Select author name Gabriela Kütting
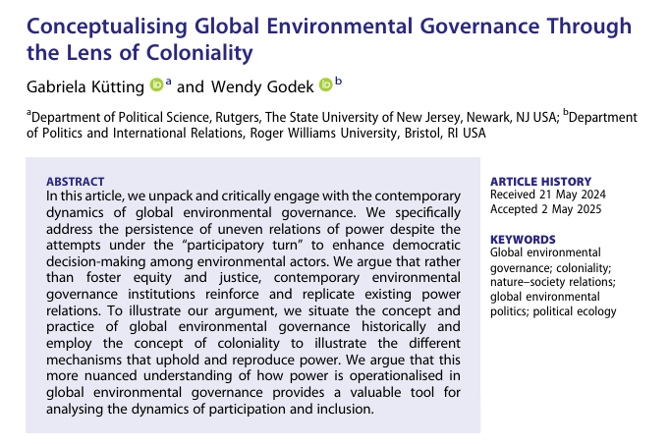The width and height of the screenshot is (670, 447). tap(84, 86)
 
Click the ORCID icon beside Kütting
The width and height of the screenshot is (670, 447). tap(155, 86)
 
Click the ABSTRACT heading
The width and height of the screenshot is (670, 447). tap(75, 181)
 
